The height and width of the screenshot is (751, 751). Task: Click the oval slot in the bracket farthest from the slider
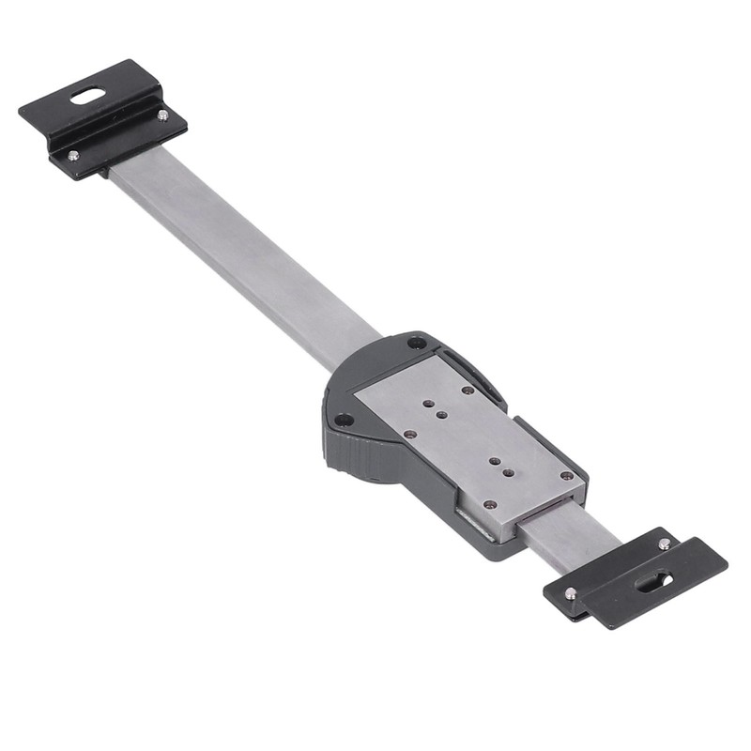pyautogui.click(x=88, y=95)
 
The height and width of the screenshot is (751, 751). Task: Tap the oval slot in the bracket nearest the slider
pyautogui.click(x=653, y=582)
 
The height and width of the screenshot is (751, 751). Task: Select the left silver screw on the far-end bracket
pyautogui.click(x=73, y=156)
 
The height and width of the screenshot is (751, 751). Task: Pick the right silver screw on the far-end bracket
pyautogui.click(x=162, y=115)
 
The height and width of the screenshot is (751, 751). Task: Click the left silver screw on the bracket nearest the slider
pyautogui.click(x=570, y=592)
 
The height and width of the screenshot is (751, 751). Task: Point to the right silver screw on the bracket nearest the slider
pyautogui.click(x=664, y=544)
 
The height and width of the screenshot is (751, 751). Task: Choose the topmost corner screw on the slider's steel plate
pyautogui.click(x=467, y=390)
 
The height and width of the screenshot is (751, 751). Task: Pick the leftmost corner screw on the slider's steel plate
pyautogui.click(x=409, y=434)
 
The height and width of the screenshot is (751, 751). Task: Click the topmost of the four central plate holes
pyautogui.click(x=428, y=404)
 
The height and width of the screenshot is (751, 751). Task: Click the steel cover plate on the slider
pyautogui.click(x=469, y=441)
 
